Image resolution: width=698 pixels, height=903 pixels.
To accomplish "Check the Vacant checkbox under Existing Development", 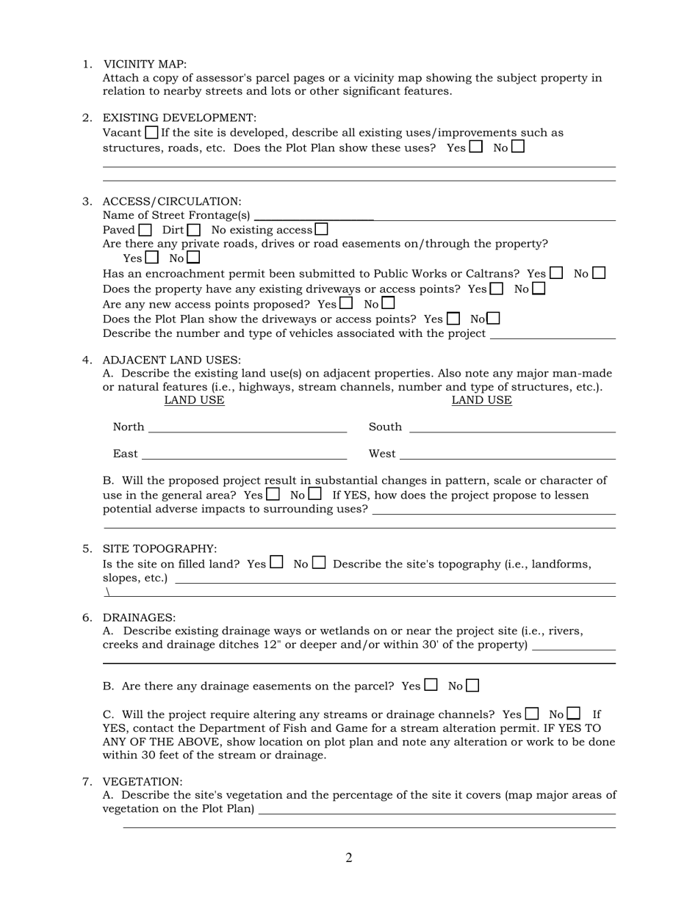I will tap(151, 133).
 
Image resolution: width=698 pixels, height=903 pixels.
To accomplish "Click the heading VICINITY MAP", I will tap(145, 65).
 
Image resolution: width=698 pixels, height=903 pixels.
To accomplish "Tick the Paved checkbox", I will tap(145, 230).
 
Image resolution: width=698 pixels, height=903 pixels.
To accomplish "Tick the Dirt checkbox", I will tap(193, 230).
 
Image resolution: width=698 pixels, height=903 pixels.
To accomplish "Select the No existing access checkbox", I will tap(321, 229).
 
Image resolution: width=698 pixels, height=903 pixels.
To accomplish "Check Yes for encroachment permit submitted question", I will tap(556, 273).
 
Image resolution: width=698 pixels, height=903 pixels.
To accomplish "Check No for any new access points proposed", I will tap(388, 302).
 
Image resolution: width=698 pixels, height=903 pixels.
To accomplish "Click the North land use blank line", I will tap(247, 430).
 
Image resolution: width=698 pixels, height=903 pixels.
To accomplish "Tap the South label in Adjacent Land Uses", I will tap(385, 427).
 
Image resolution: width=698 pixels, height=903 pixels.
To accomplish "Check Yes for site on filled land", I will tap(276, 563).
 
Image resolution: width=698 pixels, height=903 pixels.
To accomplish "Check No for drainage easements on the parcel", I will tap(472, 686).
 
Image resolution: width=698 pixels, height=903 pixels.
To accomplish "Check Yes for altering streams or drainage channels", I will tap(532, 714).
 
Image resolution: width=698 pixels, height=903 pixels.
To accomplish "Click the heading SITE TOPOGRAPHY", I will tap(159, 549).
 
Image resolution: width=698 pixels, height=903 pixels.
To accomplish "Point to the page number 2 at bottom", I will tap(349, 857).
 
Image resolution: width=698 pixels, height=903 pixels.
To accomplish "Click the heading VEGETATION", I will tap(143, 782).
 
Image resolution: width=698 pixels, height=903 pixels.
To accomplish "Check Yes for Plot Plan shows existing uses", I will tap(476, 147).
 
